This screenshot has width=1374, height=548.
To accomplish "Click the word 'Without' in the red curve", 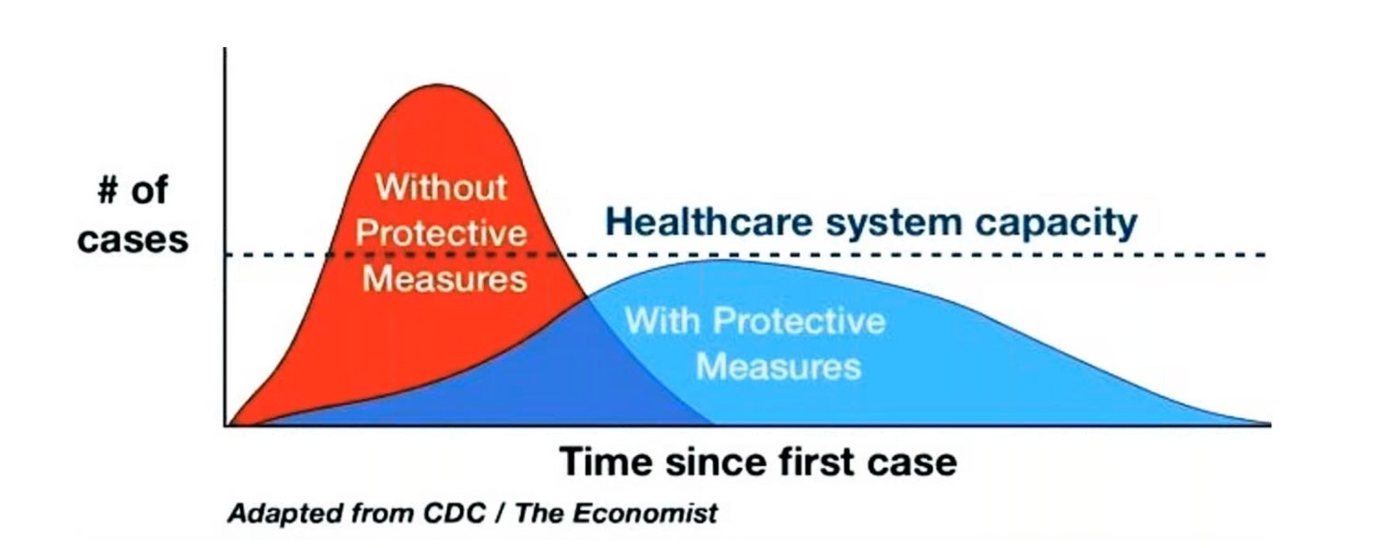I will tap(442, 188).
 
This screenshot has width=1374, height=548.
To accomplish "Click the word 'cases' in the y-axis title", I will tap(133, 239).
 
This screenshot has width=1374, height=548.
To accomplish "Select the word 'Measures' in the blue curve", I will tap(779, 367).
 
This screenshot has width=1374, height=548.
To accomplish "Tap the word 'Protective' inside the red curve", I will tap(442, 233).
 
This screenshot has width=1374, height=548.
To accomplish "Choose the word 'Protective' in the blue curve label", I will tap(799, 321).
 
